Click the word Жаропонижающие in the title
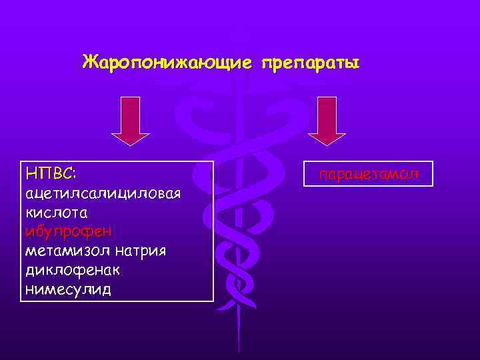click(167, 63)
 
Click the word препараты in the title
click(311, 63)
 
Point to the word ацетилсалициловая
click(103, 193)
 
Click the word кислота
click(56, 213)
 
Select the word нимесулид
click(68, 290)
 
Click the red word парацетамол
click(369, 175)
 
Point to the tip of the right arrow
click(327, 145)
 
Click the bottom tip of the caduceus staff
click(238, 350)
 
